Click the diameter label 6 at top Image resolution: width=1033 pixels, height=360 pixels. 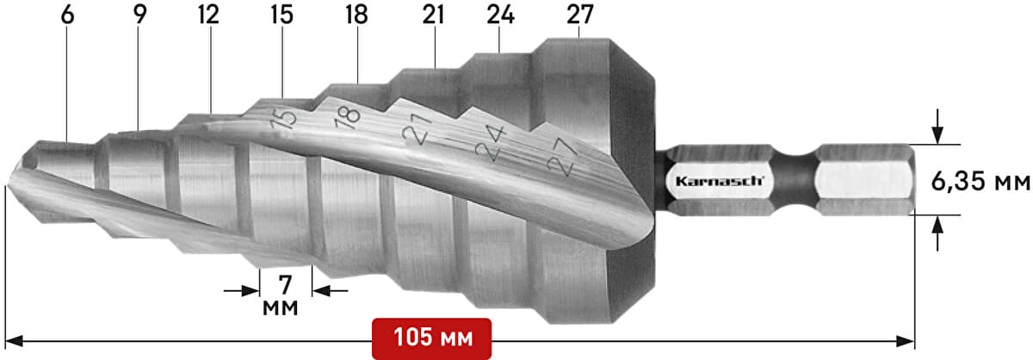click(x=67, y=15)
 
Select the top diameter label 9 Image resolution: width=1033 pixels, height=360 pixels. click(x=140, y=15)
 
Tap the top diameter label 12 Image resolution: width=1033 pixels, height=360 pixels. click(x=208, y=15)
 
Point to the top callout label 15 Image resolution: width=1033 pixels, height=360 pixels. click(x=281, y=15)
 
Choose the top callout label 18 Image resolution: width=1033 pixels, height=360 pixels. click(x=357, y=15)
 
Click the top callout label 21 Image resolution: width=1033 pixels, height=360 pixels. click(x=434, y=15)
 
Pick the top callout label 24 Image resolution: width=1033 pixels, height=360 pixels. click(x=501, y=15)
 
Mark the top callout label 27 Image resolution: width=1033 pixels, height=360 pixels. click(x=580, y=15)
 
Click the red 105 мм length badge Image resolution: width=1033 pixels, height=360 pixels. click(x=432, y=338)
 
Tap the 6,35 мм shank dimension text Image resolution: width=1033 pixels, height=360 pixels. click(x=980, y=182)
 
